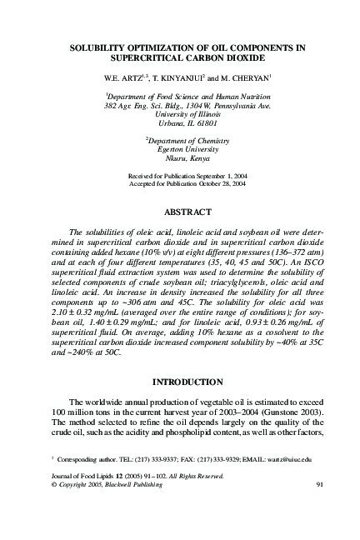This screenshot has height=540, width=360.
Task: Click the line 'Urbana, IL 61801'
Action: click(180, 123)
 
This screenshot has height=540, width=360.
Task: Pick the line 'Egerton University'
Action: click(180, 150)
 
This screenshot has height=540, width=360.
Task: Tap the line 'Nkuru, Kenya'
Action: click(180, 158)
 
